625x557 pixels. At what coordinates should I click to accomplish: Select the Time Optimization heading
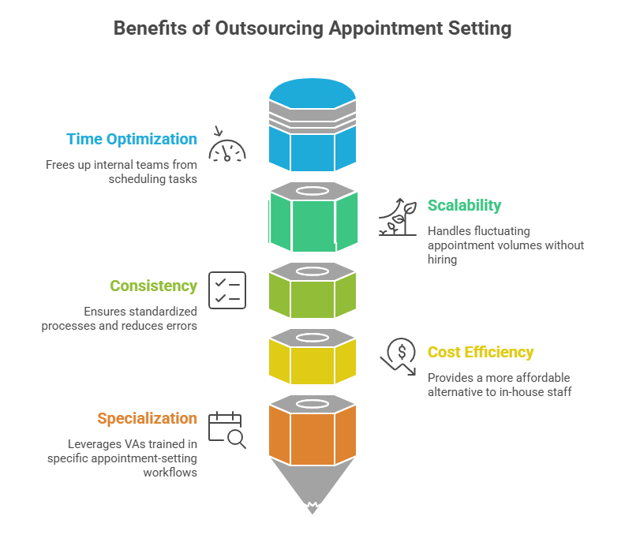pyautogui.click(x=132, y=140)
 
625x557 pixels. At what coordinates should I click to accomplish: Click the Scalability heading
pyautogui.click(x=464, y=206)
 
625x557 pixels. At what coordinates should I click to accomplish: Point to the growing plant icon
pyautogui.click(x=397, y=217)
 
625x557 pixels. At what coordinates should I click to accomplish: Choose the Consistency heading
pyautogui.click(x=153, y=286)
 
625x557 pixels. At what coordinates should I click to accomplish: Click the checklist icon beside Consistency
pyautogui.click(x=227, y=290)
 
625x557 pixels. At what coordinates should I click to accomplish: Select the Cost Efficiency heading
pyautogui.click(x=481, y=353)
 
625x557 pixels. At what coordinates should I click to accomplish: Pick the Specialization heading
pyautogui.click(x=147, y=419)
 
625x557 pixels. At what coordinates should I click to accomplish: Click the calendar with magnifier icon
pyautogui.click(x=227, y=430)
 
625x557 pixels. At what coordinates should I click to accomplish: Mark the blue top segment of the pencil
pyautogui.click(x=312, y=145)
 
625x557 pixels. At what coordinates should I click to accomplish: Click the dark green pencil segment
pyautogui.click(x=312, y=224)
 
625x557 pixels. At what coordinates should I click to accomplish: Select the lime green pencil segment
pyautogui.click(x=312, y=298)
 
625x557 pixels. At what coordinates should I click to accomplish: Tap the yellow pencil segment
pyautogui.click(x=312, y=364)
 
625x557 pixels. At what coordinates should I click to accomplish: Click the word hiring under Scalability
pyautogui.click(x=442, y=259)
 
